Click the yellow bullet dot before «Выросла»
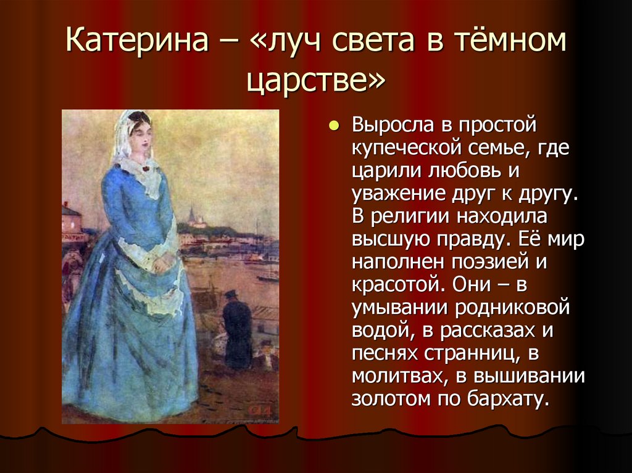pos(334,126)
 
